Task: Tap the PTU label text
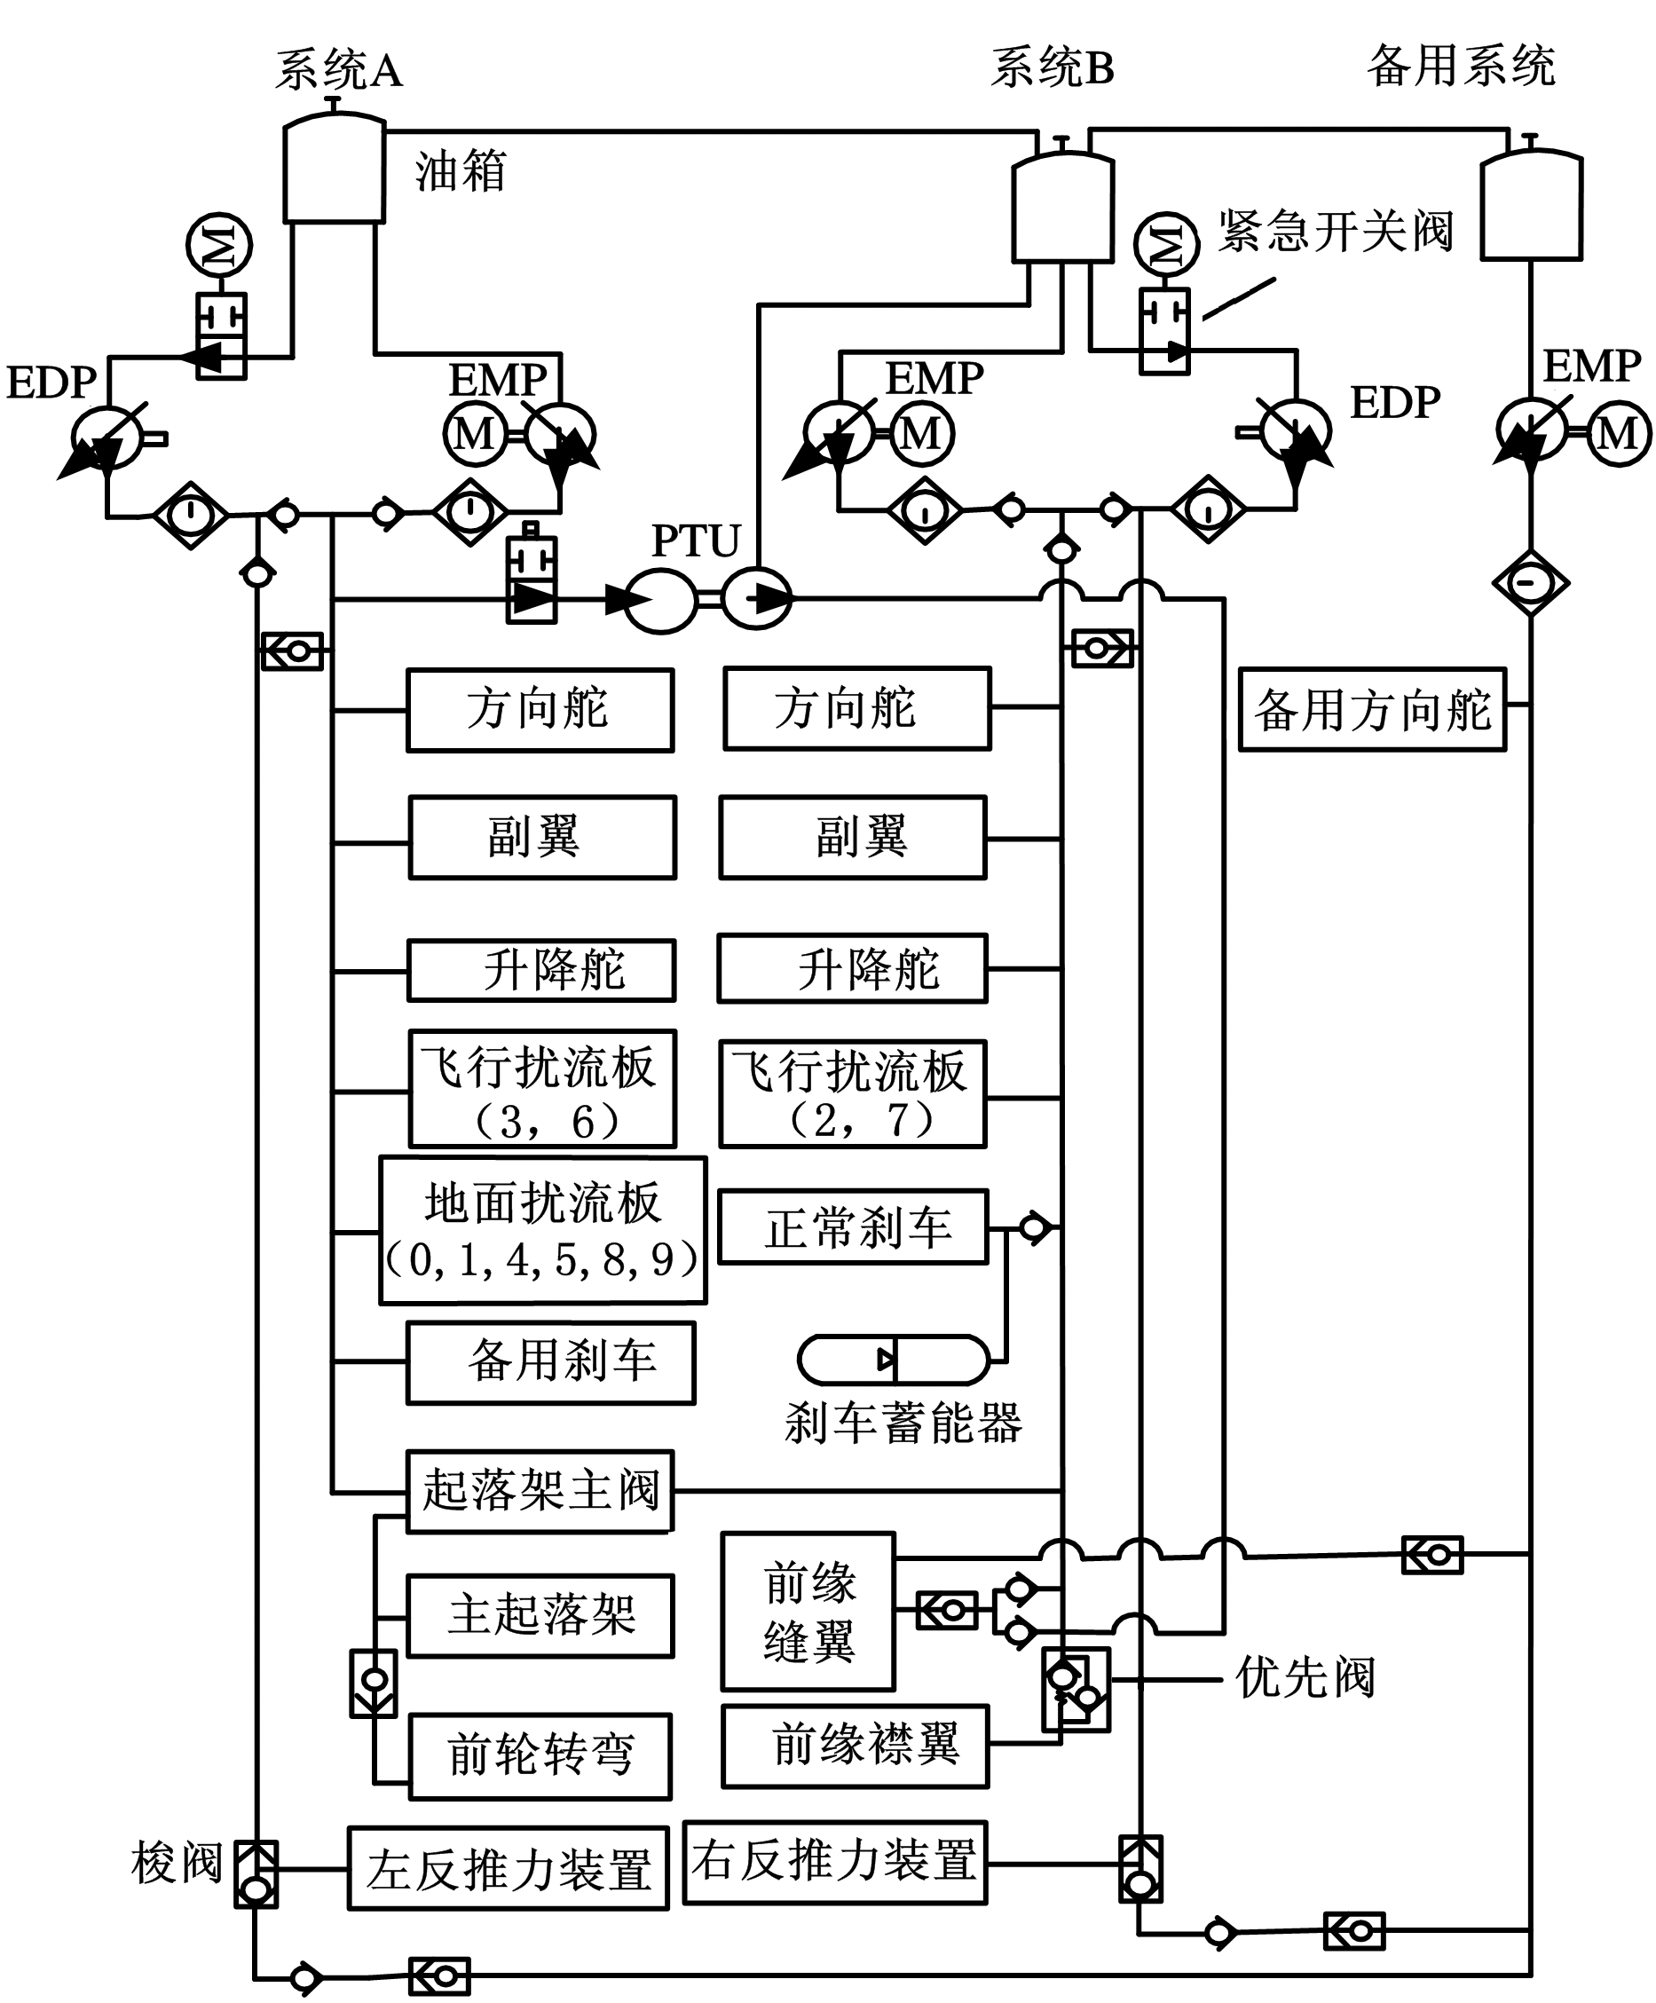pos(696,541)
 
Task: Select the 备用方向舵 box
pos(1372,710)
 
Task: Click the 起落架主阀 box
pos(540,1492)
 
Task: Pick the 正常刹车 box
pos(853,1227)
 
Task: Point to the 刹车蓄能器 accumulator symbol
pos(893,1360)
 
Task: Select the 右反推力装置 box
pos(835,1862)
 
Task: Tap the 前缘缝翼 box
pos(808,1611)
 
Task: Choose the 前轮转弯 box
pos(540,1756)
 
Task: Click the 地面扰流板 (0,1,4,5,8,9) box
pos(543,1230)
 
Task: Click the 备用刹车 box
pos(550,1363)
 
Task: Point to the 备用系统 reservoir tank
pos(1531,205)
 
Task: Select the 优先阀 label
pos(1305,1676)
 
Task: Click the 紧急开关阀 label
pos(1336,232)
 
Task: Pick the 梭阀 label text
pos(177,1863)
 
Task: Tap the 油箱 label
pos(460,171)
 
